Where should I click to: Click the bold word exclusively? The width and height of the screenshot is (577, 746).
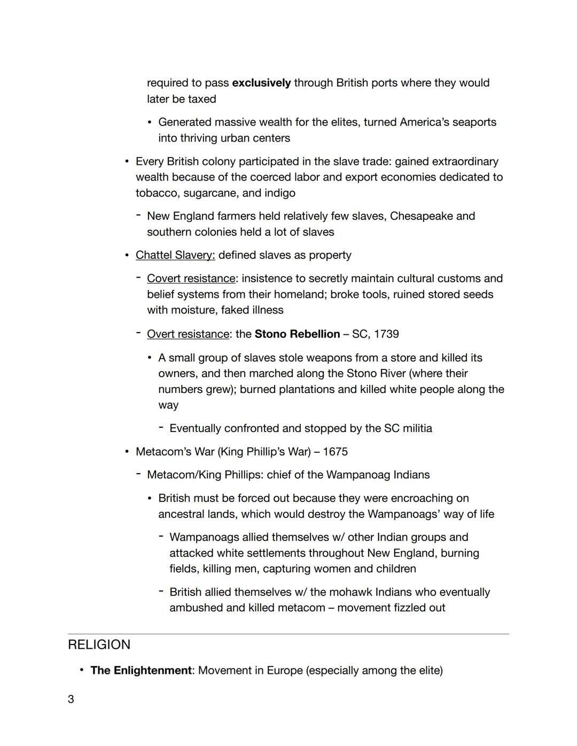point(261,83)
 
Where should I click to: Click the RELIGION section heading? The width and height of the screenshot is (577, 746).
point(99,645)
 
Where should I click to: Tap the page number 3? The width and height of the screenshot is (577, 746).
point(71,699)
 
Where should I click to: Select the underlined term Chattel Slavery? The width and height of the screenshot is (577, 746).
point(175,255)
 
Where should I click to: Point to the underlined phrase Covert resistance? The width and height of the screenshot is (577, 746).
point(191,278)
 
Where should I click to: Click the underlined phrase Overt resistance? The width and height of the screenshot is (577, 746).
point(188,334)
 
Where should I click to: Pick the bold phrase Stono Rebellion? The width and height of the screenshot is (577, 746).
point(297,334)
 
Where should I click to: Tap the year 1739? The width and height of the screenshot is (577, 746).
point(386,334)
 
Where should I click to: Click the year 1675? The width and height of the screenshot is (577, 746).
point(335,451)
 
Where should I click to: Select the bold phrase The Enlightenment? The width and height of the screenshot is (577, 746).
point(141,670)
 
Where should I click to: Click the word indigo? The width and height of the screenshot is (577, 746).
point(279,193)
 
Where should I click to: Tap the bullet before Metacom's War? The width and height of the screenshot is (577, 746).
point(127,451)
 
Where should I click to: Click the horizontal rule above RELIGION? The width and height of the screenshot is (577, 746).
point(288,634)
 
